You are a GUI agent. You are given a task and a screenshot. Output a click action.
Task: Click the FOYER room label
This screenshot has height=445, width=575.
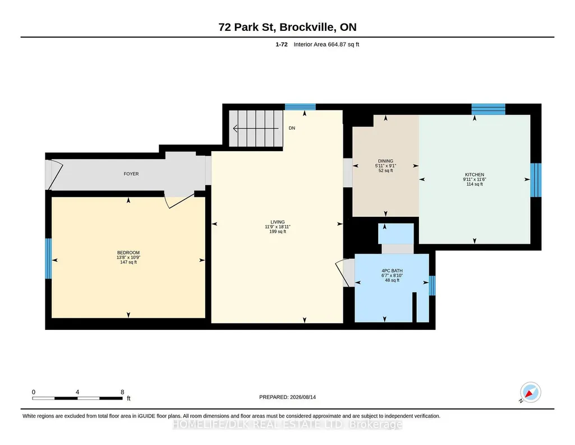point(131,174)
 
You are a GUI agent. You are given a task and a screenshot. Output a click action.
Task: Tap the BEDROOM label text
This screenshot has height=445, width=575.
point(128,253)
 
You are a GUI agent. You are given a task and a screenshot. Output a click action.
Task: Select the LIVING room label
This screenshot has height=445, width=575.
point(278,222)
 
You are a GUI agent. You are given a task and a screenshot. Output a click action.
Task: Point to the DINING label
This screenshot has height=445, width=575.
point(385,161)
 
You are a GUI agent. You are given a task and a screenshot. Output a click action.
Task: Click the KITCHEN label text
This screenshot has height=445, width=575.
point(475,175)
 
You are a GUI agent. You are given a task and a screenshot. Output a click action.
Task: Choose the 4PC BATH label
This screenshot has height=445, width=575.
point(392,271)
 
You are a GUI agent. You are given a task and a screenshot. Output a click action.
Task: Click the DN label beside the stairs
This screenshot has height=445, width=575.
point(292,128)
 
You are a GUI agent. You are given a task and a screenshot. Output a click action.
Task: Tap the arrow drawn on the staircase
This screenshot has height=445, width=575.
point(256,129)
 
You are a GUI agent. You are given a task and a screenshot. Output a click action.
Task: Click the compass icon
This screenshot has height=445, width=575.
point(530,392)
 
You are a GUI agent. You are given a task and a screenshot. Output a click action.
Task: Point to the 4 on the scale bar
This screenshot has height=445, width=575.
point(77,392)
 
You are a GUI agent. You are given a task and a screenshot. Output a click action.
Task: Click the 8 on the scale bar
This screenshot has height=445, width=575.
point(122,392)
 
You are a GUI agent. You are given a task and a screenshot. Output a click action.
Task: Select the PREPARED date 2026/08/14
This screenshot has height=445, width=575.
point(303,397)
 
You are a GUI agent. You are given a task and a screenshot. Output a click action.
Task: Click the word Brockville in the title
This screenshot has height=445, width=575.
point(307,27)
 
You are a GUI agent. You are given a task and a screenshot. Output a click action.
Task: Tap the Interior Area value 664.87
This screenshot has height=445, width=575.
point(337,44)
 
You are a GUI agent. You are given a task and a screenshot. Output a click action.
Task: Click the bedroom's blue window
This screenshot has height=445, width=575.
point(48,258)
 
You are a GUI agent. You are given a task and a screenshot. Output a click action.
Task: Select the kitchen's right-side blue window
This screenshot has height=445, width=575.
point(536,180)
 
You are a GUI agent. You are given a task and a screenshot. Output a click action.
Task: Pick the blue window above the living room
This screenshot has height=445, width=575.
point(300,107)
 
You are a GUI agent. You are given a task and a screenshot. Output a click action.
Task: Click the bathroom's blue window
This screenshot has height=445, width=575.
point(432,285)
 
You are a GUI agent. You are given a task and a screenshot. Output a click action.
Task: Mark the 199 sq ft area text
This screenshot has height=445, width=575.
point(278,231)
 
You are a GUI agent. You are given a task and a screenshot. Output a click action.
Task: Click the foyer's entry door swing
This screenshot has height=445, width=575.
point(56,174)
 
